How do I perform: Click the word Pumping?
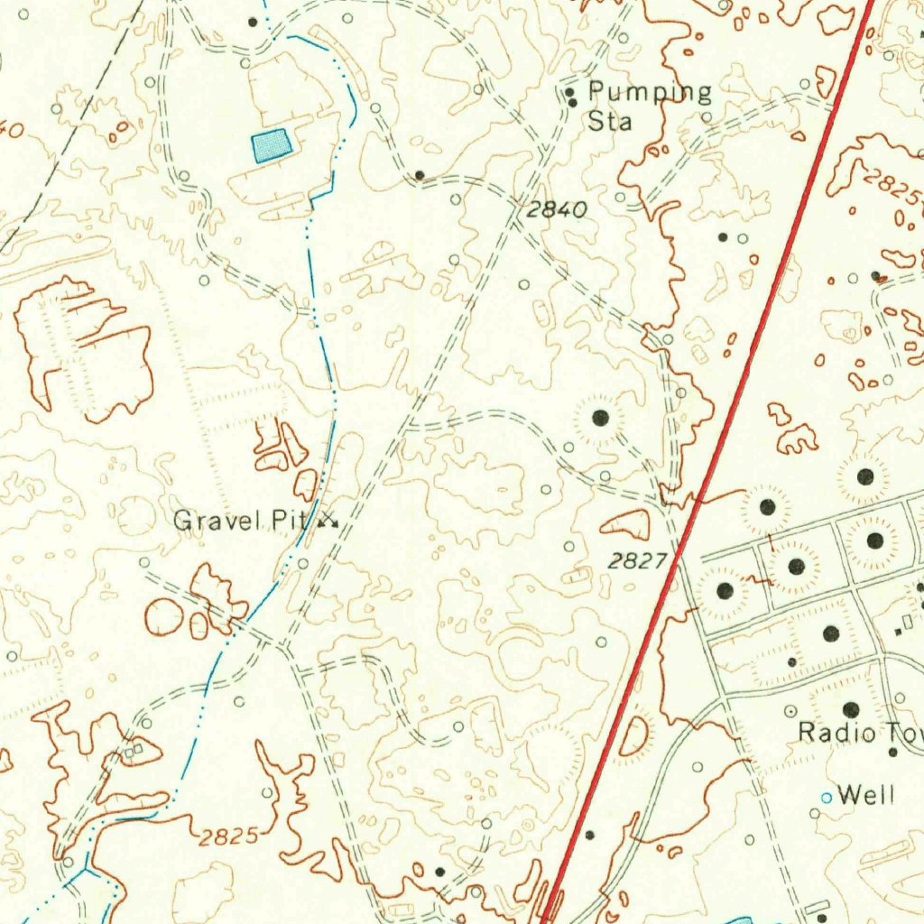(650, 92)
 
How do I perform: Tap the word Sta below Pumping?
(610, 121)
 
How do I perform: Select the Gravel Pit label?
(240, 521)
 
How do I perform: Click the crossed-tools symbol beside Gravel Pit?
(328, 521)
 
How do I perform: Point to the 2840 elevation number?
(556, 210)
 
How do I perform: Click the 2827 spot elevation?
(636, 561)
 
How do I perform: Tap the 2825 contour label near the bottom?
(230, 836)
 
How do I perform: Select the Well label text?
(866, 795)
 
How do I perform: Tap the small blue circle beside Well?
(826, 797)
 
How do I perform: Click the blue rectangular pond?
(273, 144)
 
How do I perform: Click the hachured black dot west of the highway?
(600, 417)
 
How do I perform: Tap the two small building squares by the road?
(133, 748)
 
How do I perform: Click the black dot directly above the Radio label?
(850, 710)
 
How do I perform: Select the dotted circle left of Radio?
(791, 711)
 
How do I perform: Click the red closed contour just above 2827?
(627, 523)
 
